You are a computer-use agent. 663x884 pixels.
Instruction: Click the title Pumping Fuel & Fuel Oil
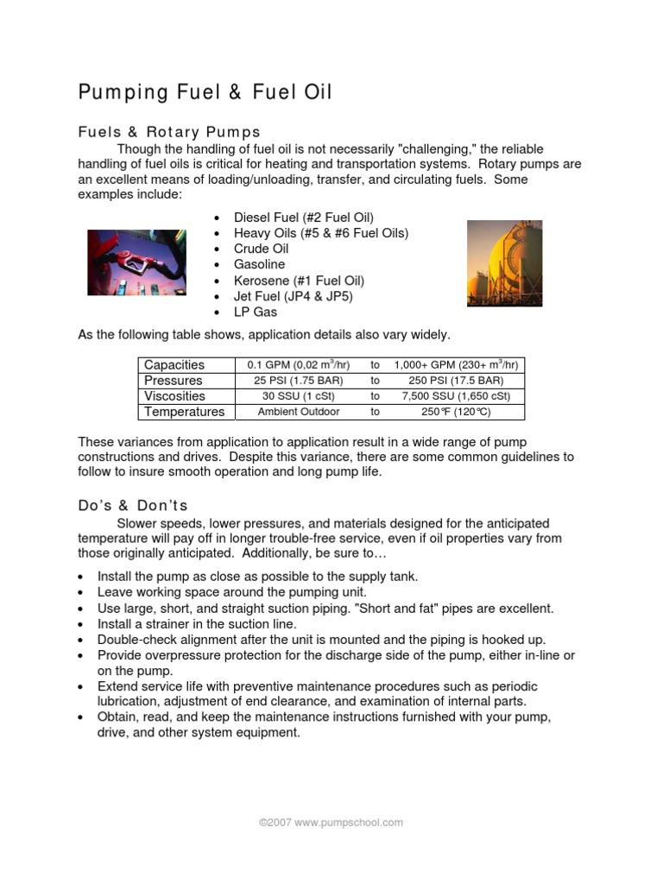coord(205,92)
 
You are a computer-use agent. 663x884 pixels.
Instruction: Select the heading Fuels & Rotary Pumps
coord(169,132)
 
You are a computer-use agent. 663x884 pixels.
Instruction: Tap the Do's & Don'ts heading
coord(133,505)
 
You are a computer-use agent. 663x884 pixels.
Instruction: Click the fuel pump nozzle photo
coord(136,262)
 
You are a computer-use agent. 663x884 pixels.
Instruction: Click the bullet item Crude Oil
coord(262,249)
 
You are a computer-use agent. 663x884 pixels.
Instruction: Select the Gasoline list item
coord(259,264)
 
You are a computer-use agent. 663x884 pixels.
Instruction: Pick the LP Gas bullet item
coord(256,312)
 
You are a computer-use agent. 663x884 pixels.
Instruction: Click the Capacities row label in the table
coord(174,365)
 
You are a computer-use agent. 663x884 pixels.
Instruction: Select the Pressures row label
coord(174,381)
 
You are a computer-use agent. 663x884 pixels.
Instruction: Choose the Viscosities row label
coord(175,396)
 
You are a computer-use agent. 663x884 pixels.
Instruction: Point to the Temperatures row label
coord(184,412)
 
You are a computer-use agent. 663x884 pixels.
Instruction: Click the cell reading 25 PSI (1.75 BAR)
coord(294,381)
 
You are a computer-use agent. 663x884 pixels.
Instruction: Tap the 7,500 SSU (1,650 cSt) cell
coord(455,396)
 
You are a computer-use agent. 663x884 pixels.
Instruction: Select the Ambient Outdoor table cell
coord(294,412)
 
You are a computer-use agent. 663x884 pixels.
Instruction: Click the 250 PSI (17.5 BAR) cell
coord(455,381)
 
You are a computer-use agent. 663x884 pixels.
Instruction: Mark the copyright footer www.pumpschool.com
coord(331,823)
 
